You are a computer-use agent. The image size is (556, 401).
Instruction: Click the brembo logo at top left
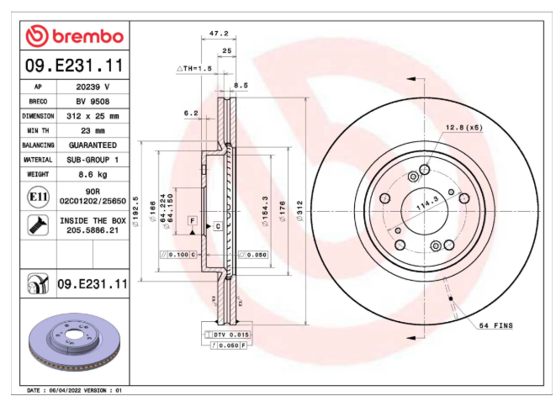[75, 36]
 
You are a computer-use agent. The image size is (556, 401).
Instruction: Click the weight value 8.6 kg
[93, 174]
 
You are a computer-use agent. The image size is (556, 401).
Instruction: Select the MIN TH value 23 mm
[93, 130]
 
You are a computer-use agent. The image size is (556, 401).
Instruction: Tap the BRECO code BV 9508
[93, 102]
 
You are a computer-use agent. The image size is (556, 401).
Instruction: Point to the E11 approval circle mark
[39, 197]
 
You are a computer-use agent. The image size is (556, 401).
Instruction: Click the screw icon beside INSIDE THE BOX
[39, 225]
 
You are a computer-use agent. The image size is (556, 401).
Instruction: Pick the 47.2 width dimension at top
[219, 34]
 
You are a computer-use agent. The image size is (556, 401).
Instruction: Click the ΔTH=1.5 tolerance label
[194, 68]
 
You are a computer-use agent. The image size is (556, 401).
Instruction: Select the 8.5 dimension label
[241, 86]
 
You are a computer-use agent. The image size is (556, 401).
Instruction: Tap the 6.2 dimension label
[191, 113]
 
